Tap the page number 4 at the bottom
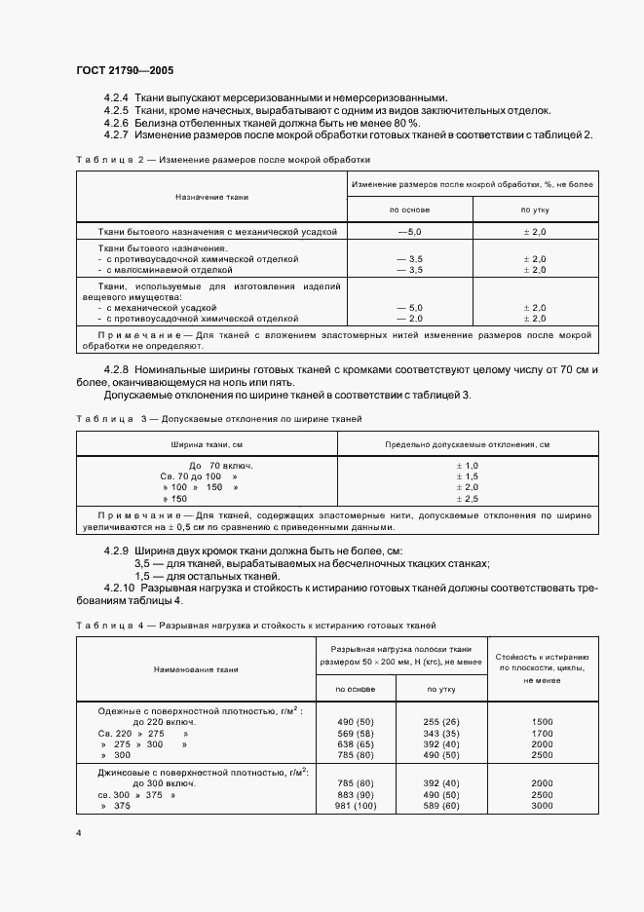(x=79, y=834)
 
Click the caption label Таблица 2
(x=105, y=159)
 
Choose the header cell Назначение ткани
(x=211, y=197)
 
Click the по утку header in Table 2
(x=535, y=209)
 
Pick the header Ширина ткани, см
(x=206, y=443)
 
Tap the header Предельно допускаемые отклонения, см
(x=468, y=443)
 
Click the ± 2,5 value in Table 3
(x=468, y=498)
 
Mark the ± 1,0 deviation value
(x=468, y=466)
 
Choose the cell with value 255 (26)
(x=443, y=721)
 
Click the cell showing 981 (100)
(x=355, y=805)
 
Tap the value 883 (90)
(x=355, y=794)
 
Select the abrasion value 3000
(x=543, y=805)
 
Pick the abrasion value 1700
(x=543, y=732)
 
